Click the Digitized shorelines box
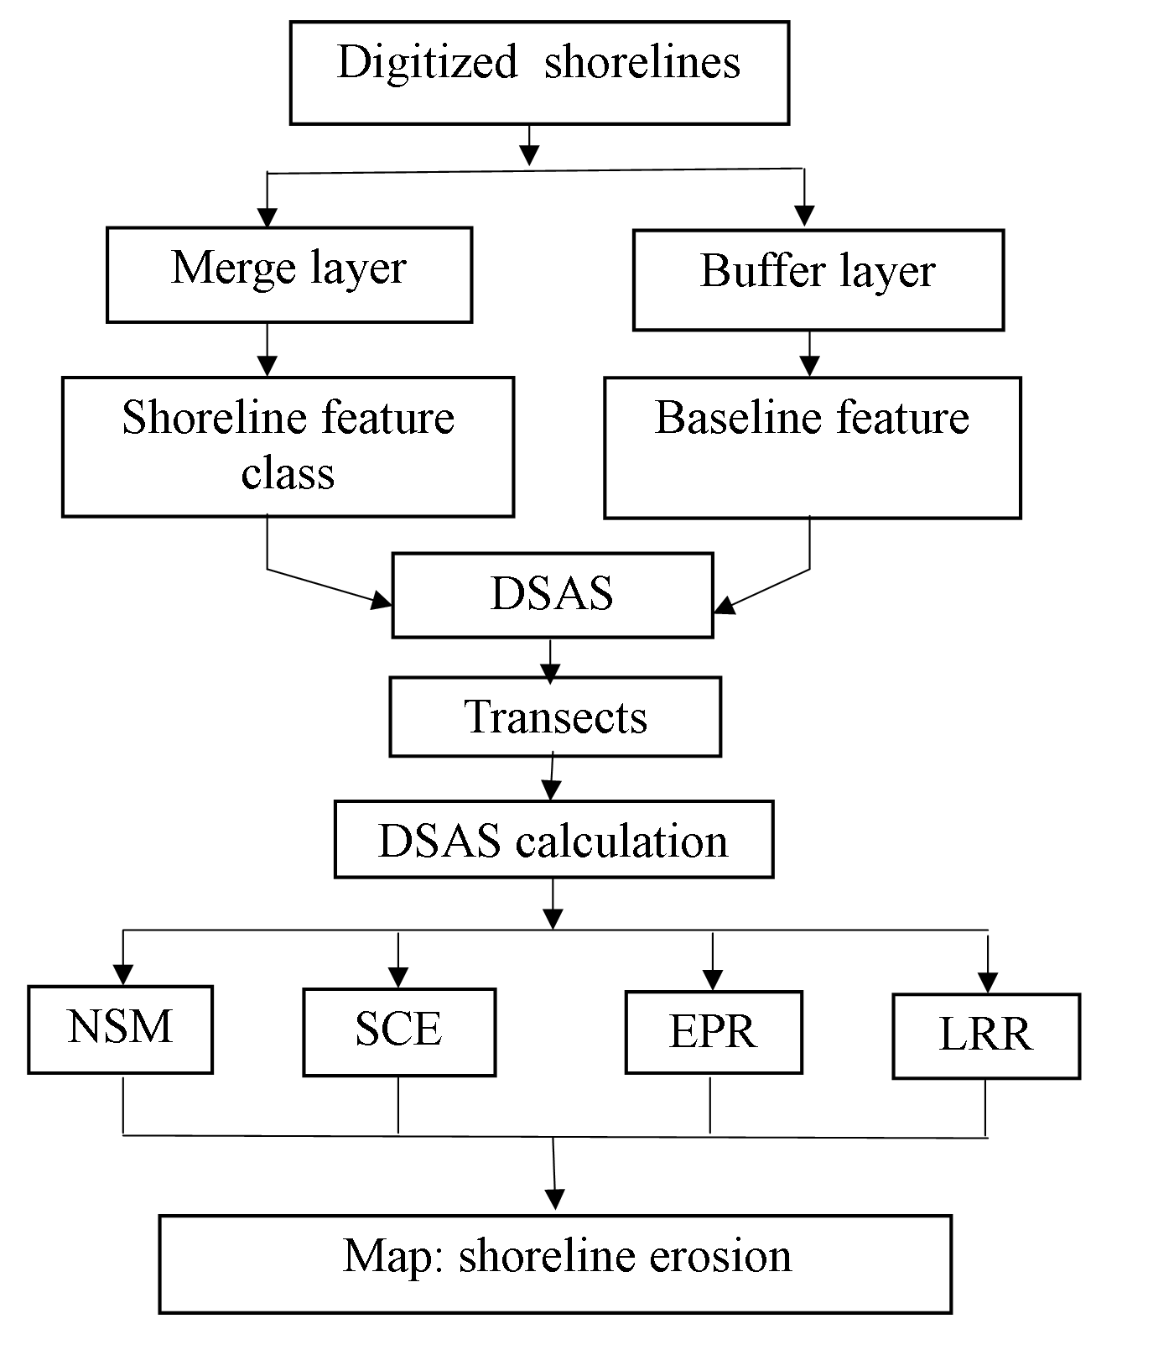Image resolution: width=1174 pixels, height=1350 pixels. pos(539,73)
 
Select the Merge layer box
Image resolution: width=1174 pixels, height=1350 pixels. pos(289,274)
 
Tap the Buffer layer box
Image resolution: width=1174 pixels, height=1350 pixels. pos(818,279)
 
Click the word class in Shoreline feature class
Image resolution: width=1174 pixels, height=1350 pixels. pos(288,473)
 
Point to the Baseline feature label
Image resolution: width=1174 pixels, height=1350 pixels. pos(812,417)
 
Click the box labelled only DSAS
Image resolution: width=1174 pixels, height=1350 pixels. pos(553,595)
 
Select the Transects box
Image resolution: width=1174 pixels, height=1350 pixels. pos(555,717)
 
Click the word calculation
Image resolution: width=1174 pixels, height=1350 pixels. pos(621,841)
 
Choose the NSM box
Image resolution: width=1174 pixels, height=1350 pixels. pos(120,1029)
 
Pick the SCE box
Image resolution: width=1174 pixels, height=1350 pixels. pos(399,1032)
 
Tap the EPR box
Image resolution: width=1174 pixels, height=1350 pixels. pos(714,1032)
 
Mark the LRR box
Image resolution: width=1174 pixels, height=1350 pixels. pos(986,1035)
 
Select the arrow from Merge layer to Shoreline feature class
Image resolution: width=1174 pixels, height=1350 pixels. pos(268,350)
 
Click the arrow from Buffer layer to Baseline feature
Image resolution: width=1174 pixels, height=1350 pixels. pos(809,353)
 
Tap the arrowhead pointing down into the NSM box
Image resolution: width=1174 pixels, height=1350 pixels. pos(124,975)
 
